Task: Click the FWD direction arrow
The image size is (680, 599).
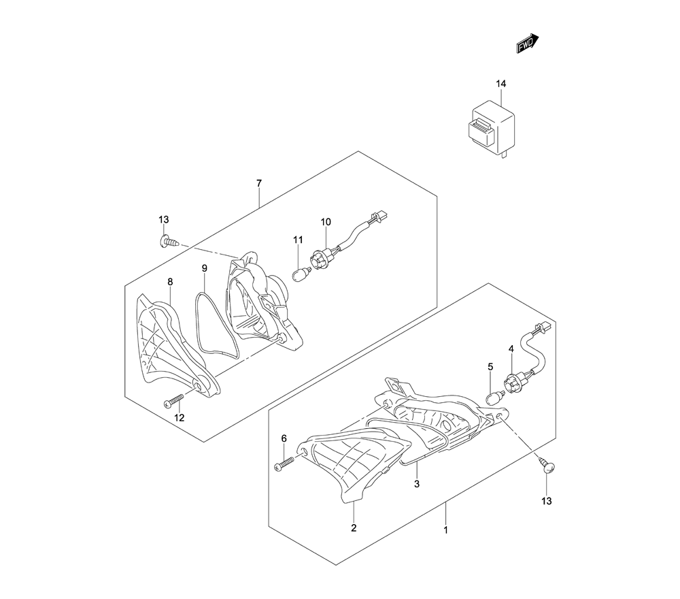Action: tap(528, 44)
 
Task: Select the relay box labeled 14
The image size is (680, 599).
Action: tap(490, 129)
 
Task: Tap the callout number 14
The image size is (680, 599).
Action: tap(501, 83)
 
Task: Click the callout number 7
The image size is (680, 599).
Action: tap(259, 183)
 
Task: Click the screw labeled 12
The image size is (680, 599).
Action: tap(173, 401)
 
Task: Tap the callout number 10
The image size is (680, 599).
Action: tap(326, 222)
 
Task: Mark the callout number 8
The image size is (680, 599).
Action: tap(170, 282)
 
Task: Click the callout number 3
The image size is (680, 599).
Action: tap(417, 483)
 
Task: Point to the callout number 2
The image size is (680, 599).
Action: tap(354, 528)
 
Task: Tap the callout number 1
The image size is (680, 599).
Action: tap(445, 530)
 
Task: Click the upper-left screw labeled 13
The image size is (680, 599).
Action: tap(169, 241)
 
